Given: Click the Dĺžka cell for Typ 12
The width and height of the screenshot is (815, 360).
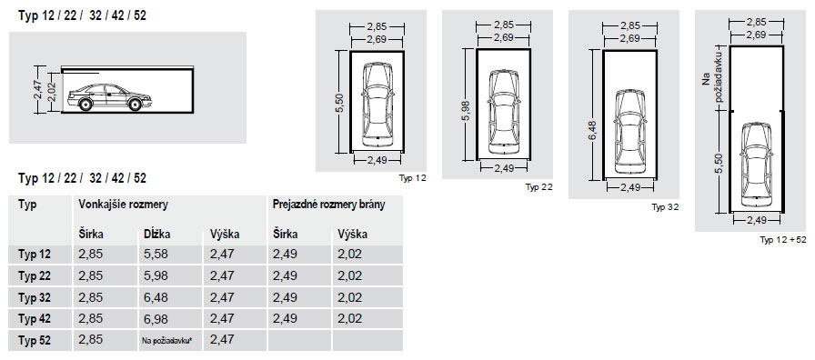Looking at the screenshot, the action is [x=156, y=255].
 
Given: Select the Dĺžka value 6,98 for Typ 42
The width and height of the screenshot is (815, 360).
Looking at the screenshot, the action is [x=156, y=318].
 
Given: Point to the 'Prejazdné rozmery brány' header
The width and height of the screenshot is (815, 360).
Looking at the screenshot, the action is [x=328, y=205].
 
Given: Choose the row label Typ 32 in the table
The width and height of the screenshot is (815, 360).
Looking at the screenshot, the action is [x=35, y=297].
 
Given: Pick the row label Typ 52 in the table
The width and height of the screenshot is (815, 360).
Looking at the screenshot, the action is [x=35, y=341].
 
